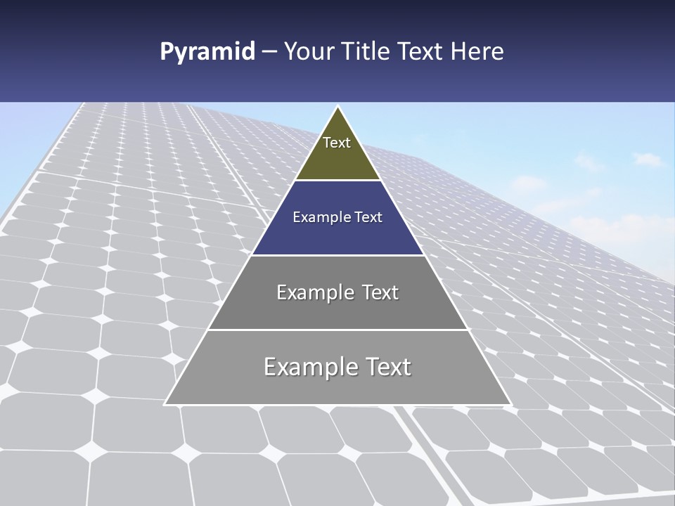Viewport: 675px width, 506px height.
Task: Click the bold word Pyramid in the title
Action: click(207, 52)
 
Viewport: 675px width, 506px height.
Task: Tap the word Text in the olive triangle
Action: click(337, 143)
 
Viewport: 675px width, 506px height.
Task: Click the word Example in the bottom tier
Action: click(309, 368)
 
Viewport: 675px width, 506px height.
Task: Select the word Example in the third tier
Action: click(312, 292)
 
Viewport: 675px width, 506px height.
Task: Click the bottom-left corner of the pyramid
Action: click(165, 404)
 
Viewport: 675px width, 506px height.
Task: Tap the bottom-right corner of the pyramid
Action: click(510, 404)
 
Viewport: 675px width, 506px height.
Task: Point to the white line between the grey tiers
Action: click(337, 330)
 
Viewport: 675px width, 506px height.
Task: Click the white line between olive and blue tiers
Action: click(337, 181)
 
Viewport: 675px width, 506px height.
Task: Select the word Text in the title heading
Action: click(420, 52)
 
